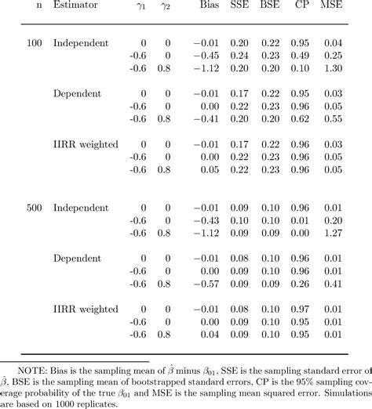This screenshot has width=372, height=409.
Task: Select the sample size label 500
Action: [x=34, y=210]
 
